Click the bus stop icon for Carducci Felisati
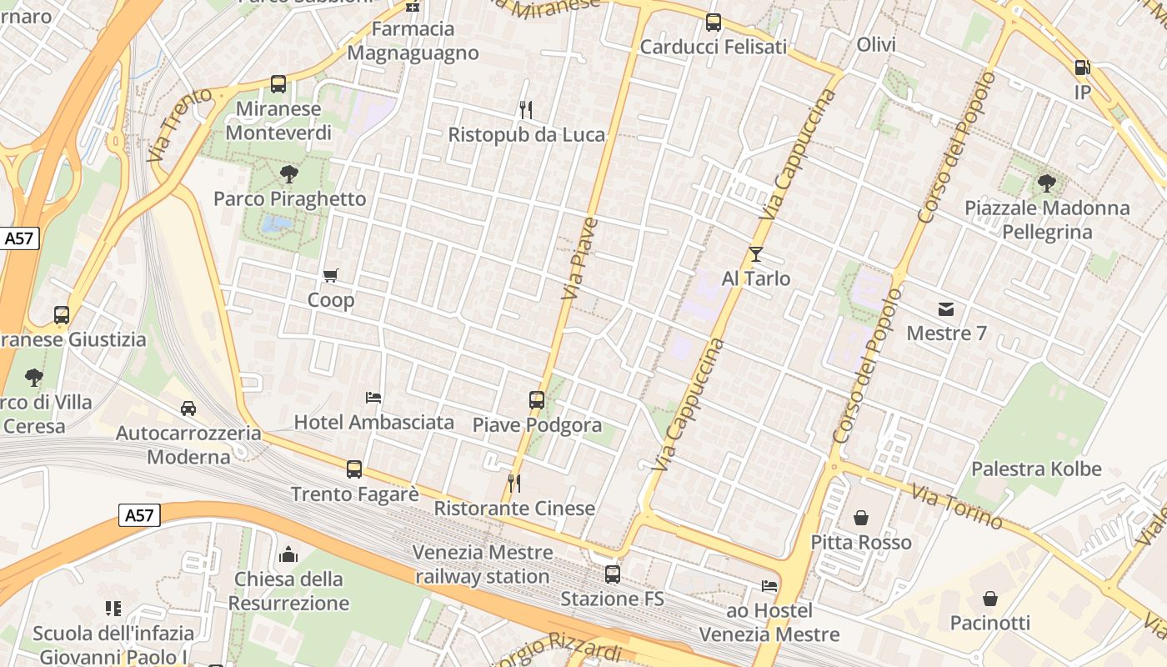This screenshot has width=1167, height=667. [x=714, y=23]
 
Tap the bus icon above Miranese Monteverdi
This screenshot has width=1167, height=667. [x=278, y=84]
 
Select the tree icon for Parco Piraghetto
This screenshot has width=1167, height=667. [x=289, y=174]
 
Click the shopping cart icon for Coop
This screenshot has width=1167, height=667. [x=331, y=275]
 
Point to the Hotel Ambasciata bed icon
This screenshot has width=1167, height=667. [x=373, y=398]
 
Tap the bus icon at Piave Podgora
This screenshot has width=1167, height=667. [x=537, y=400]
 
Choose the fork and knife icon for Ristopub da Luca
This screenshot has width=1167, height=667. [x=526, y=109]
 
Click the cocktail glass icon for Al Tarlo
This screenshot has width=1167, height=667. [x=756, y=253]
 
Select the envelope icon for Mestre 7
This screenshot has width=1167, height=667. [x=946, y=309]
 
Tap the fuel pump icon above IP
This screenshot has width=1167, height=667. [x=1082, y=68]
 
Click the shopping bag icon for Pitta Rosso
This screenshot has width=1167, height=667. [x=861, y=518]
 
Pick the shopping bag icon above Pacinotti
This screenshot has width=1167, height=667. [x=990, y=599]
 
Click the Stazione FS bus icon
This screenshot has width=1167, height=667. [x=613, y=574]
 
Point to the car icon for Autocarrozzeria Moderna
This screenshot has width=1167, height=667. [x=188, y=409]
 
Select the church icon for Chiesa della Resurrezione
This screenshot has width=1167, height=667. [x=288, y=554]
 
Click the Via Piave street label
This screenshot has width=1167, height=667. [x=579, y=258]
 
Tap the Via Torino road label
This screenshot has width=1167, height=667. [x=956, y=505]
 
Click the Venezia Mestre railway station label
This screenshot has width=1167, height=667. [x=483, y=564]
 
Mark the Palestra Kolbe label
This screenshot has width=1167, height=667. [x=1036, y=469]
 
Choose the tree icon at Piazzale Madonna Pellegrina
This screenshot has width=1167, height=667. [x=1047, y=183]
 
